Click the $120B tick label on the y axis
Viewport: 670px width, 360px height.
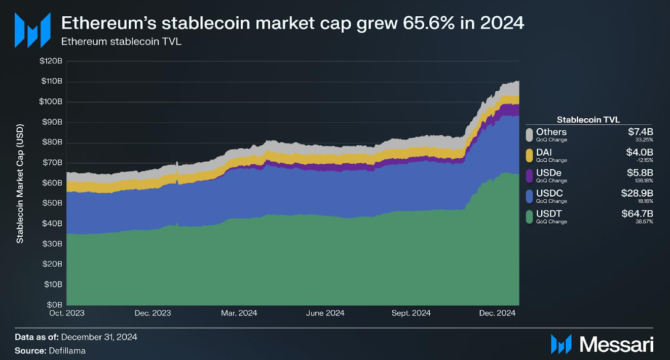click(x=51, y=61)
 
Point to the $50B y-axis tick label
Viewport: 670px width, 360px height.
click(x=52, y=203)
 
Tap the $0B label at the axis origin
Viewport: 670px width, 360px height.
click(x=54, y=305)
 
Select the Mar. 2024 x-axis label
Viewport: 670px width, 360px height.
click(x=239, y=313)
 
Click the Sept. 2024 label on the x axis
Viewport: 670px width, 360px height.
click(x=411, y=313)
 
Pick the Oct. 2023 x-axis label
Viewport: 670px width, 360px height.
click(x=67, y=313)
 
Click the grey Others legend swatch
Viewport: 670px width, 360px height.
click(x=529, y=135)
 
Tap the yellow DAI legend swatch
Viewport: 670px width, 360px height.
click(x=529, y=156)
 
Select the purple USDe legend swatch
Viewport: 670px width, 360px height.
click(x=529, y=176)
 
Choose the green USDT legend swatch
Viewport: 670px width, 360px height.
click(x=529, y=217)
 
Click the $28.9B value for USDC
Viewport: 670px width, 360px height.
click(x=637, y=193)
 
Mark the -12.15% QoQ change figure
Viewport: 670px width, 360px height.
click(x=645, y=160)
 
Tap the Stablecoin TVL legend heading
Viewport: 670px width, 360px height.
click(x=588, y=120)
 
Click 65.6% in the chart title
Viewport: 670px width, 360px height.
click(x=428, y=23)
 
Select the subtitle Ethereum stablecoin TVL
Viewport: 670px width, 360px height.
click(x=121, y=41)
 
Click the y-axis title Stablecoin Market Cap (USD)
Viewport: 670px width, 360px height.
click(x=20, y=184)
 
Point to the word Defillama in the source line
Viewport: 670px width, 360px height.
click(x=67, y=350)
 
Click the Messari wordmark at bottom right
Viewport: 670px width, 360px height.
click(x=616, y=344)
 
